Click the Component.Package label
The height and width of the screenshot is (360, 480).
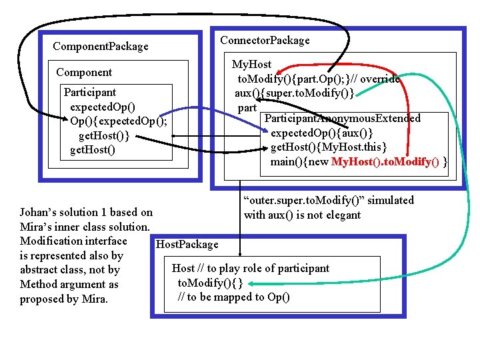click(x=101, y=47)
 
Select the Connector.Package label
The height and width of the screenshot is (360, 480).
click(x=265, y=41)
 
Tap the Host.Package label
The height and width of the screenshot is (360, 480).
click(x=187, y=245)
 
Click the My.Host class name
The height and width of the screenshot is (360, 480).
click(x=251, y=65)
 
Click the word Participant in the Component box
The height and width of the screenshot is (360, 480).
click(x=89, y=93)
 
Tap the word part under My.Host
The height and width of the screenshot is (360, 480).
click(x=247, y=107)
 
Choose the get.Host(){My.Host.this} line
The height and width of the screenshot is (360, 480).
click(x=329, y=147)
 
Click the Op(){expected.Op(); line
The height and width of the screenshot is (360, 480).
click(x=118, y=122)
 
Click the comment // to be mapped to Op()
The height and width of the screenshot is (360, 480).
click(x=233, y=297)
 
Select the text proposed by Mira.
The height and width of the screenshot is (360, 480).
click(x=64, y=299)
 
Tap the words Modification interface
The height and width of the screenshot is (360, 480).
click(x=73, y=241)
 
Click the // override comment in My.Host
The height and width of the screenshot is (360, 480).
click(x=377, y=79)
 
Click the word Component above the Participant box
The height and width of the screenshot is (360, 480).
click(x=84, y=72)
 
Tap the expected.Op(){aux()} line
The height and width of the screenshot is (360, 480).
click(x=321, y=133)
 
